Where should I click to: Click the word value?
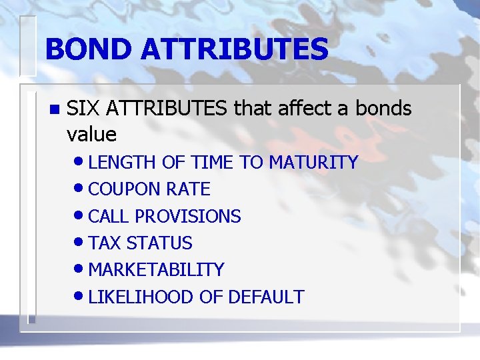click(91, 135)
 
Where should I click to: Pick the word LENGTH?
click(120, 162)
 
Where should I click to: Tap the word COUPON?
click(124, 189)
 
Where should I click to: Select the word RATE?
click(188, 189)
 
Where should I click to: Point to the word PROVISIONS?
click(188, 217)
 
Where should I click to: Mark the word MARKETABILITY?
click(156, 270)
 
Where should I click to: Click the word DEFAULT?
click(266, 297)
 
